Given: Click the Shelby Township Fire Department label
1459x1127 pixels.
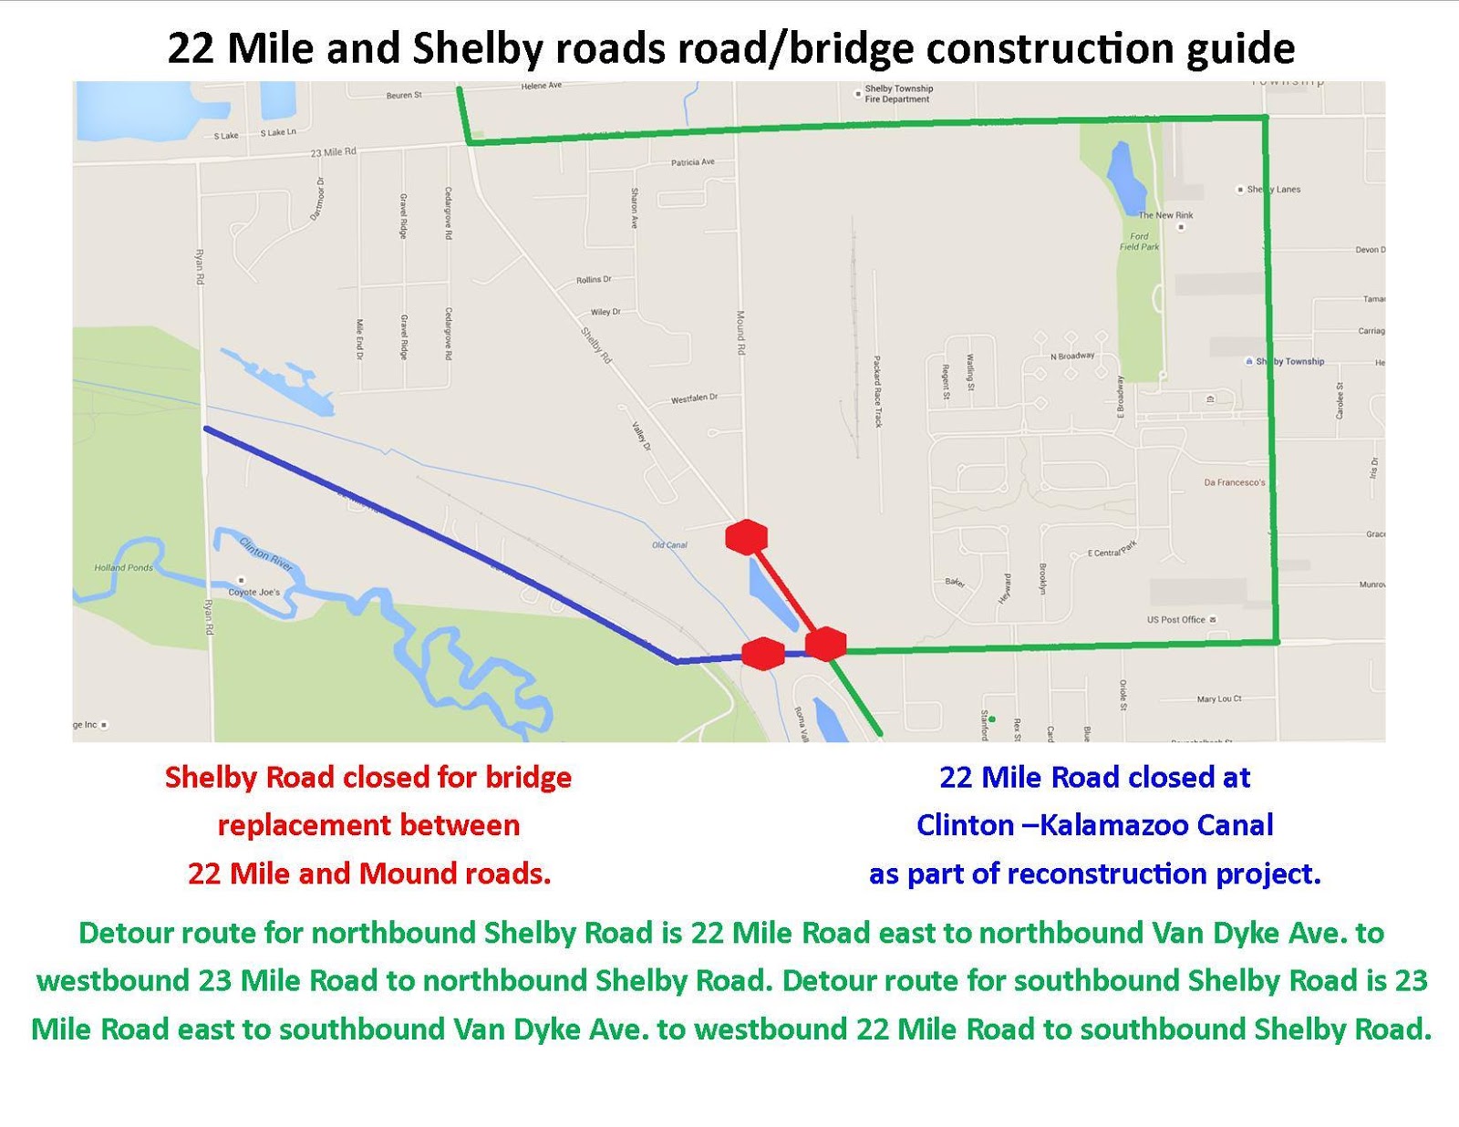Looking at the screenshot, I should pyautogui.click(x=898, y=94).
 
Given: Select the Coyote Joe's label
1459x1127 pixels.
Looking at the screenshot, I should pyautogui.click(x=254, y=592).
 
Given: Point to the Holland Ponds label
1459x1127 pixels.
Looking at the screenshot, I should pyautogui.click(x=124, y=567).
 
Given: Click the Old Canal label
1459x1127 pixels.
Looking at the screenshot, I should pyautogui.click(x=669, y=545).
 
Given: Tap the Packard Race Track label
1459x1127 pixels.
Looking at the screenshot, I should pyautogui.click(x=877, y=391).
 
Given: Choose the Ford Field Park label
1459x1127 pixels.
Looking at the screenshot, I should pyautogui.click(x=1140, y=242).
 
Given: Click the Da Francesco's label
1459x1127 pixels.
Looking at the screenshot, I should pyautogui.click(x=1234, y=482).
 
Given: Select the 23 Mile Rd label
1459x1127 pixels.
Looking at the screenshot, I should pyautogui.click(x=333, y=152).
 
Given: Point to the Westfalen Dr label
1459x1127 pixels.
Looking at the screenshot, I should pyautogui.click(x=694, y=398).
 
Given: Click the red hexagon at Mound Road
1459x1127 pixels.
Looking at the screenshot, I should pyautogui.click(x=746, y=537).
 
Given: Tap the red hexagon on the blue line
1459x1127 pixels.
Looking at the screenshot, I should pyautogui.click(x=762, y=653).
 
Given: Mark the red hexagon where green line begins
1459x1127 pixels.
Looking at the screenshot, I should pyautogui.click(x=826, y=644).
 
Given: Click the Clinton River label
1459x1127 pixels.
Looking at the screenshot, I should pyautogui.click(x=266, y=553).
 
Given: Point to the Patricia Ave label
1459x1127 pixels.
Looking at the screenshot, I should pyautogui.click(x=693, y=162).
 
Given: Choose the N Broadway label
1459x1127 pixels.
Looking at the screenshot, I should pyautogui.click(x=1071, y=356).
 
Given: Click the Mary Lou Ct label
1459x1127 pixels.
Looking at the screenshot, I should pyautogui.click(x=1219, y=699).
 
